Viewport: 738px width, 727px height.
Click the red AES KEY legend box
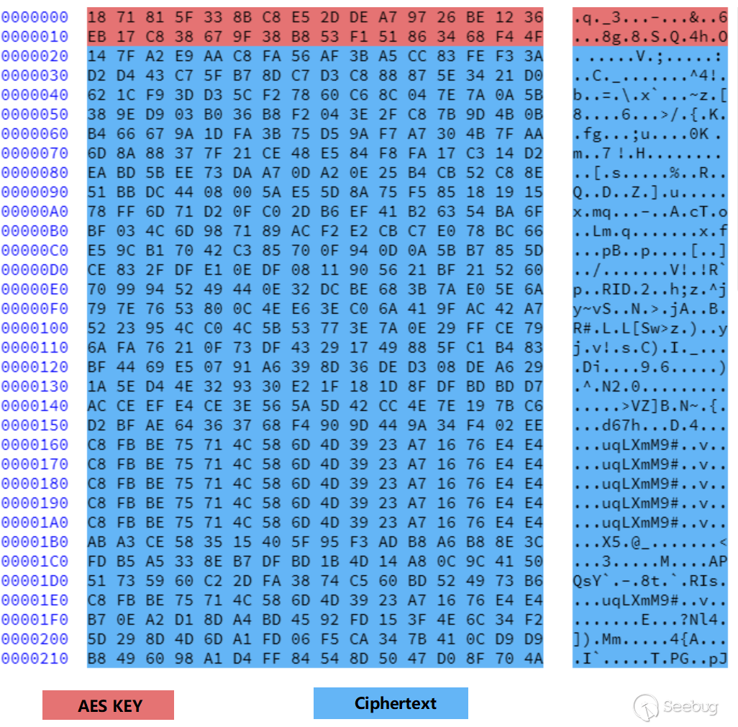coord(108,705)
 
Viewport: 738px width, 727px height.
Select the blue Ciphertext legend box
coord(391,703)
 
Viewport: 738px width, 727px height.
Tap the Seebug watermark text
coord(691,706)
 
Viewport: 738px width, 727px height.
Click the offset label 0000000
coord(35,17)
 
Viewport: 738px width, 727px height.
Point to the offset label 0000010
coord(35,37)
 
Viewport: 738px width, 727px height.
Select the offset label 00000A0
coord(35,212)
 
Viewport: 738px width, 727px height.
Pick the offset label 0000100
coord(35,328)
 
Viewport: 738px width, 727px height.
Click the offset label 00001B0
coord(35,542)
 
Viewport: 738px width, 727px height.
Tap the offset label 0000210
coord(35,658)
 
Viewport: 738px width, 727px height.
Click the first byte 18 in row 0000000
coord(96,17)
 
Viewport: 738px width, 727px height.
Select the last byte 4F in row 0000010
coord(534,37)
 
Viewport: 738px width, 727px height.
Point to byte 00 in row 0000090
coord(242,192)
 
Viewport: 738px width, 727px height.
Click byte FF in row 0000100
coord(475,328)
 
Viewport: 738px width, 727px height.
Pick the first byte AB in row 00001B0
coord(96,542)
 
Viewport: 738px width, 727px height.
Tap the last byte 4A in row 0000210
coord(534,658)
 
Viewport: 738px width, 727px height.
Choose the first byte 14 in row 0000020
coord(96,56)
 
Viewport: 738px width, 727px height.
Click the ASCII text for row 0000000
coord(650,17)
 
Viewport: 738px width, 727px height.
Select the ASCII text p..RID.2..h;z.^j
coord(650,289)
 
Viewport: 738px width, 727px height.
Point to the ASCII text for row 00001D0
coord(650,581)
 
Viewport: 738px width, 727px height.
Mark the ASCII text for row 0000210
coord(650,658)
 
